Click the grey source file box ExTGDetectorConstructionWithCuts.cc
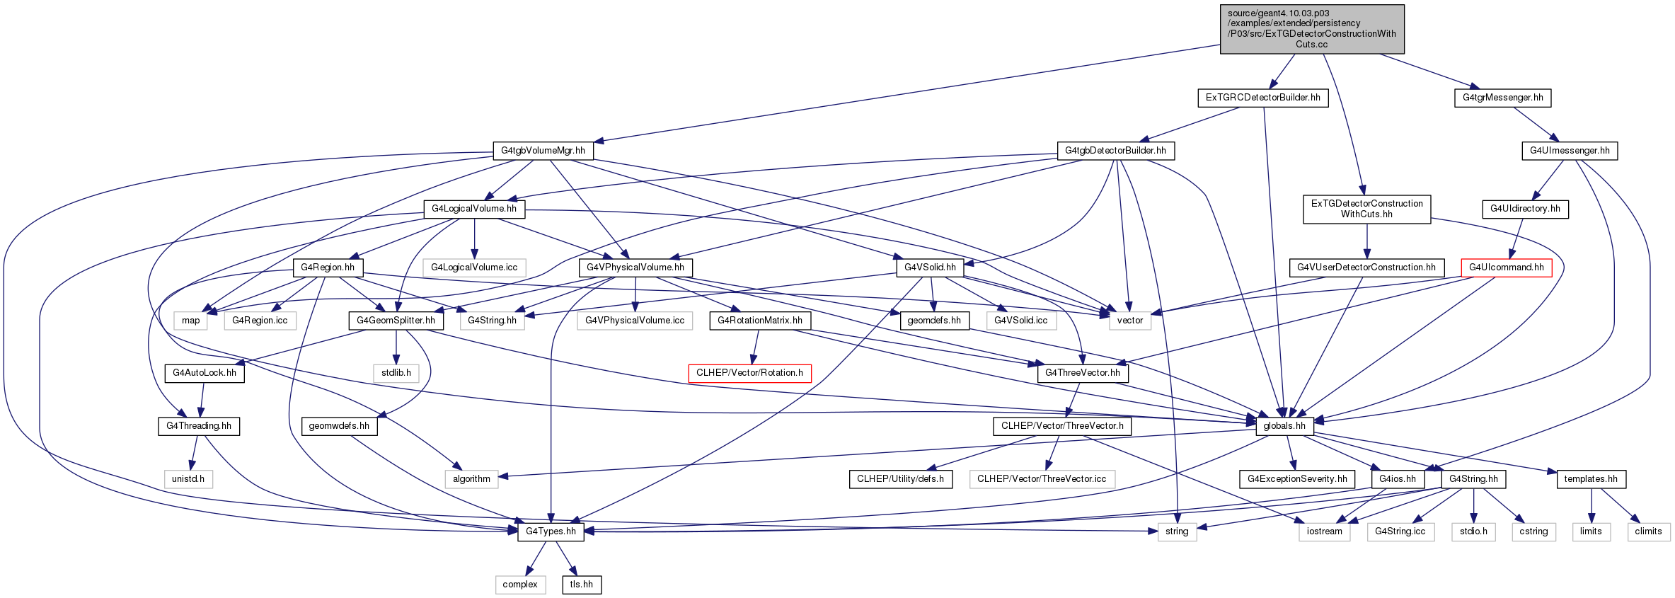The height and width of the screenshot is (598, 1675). coord(1311,29)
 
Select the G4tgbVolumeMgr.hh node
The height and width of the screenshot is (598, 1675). coord(543,151)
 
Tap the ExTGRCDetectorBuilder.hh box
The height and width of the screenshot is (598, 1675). coord(1262,98)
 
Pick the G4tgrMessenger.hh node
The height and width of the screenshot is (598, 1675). coord(1502,98)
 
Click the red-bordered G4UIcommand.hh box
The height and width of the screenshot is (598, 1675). coord(1507,268)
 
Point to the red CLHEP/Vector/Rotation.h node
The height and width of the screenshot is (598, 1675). coord(749,373)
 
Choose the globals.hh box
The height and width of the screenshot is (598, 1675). coord(1284,426)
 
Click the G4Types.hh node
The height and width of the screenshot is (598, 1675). coord(551,531)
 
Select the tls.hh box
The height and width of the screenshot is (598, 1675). coord(582,585)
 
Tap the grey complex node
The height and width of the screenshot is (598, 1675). coord(520,585)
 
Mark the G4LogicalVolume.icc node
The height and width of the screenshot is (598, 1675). coord(474,268)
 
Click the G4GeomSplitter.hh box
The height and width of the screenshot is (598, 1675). coord(396,321)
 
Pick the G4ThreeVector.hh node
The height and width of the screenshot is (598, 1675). coord(1083,373)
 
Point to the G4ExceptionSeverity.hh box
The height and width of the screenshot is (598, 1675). coord(1297,479)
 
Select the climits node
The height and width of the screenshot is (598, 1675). coord(1648,531)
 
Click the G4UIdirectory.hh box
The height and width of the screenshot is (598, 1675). coord(1525,209)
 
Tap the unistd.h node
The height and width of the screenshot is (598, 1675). coord(188,479)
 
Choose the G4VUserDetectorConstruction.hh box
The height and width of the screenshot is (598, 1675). coord(1366,268)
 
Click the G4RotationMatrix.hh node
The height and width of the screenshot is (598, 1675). coord(760,321)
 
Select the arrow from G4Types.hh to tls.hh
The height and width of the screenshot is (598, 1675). coord(566,558)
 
